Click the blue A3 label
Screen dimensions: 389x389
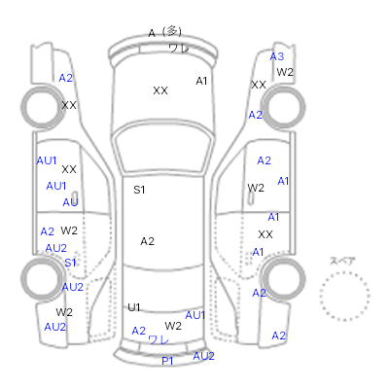pos(277,56)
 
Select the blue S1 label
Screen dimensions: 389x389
pos(70,263)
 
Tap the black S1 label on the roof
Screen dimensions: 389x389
pos(139,190)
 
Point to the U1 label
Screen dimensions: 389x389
pos(133,307)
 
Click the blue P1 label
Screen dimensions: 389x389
pos(167,361)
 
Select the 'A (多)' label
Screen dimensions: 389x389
pos(164,32)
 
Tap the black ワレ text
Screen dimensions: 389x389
pos(179,49)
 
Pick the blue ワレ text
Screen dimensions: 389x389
pos(159,339)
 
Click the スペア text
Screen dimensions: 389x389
pos(342,261)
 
